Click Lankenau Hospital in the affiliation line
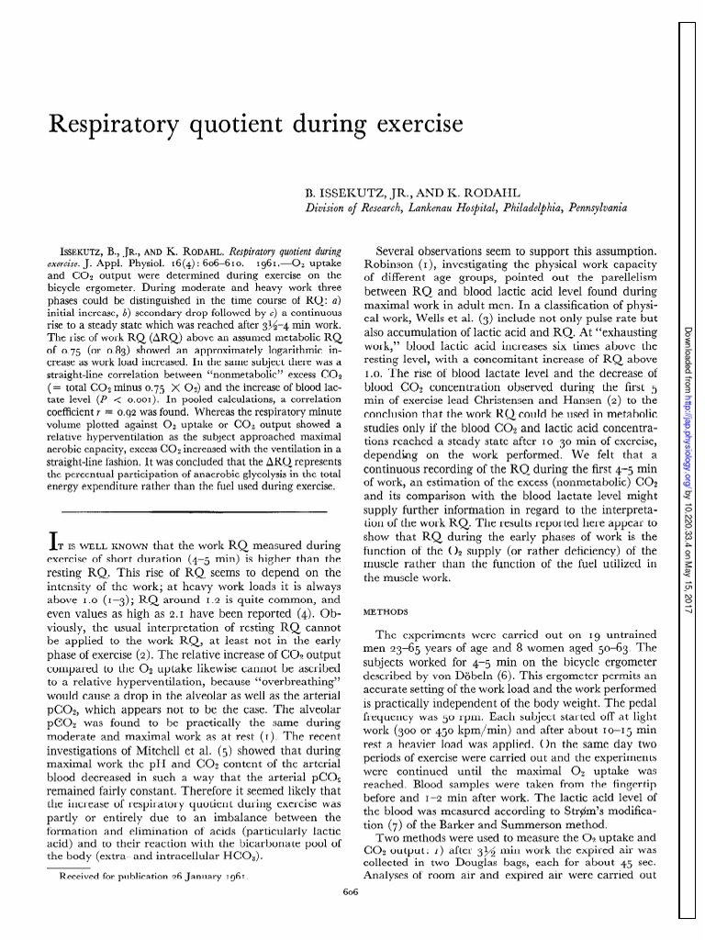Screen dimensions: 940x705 click(442, 210)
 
